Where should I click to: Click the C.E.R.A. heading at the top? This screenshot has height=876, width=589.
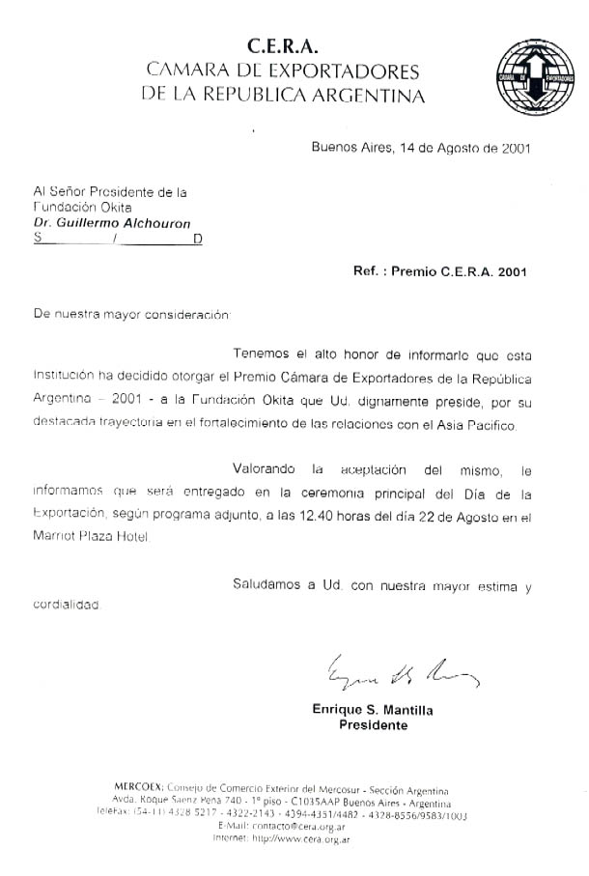[282, 45]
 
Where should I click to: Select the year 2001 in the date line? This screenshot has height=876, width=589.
[508, 148]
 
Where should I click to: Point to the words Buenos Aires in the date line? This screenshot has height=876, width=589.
[347, 148]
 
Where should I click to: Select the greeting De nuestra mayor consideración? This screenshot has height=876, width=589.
[132, 314]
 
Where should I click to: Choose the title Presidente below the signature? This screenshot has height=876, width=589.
[373, 725]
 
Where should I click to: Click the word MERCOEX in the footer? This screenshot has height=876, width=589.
[138, 788]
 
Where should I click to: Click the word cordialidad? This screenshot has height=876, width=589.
[67, 605]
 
